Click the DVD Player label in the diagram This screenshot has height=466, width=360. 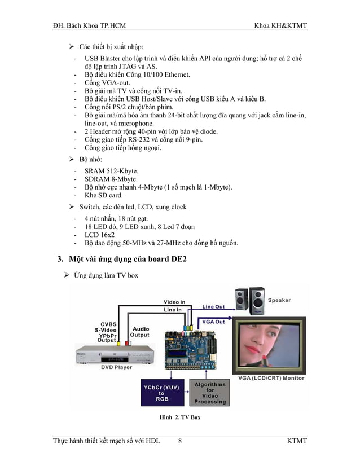pos(117,367)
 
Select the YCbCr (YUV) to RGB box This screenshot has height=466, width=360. pos(161,394)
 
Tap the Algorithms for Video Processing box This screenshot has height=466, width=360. pos(210,393)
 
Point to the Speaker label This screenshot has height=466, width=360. pos(280,300)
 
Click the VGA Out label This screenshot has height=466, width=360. pos(213,322)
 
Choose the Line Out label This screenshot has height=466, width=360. pos(213,306)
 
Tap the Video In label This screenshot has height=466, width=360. pos(174,302)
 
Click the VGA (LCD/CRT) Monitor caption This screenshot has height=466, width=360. pos(271,378)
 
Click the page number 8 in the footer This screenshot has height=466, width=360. pos(179,441)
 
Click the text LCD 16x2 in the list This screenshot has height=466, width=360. pos(99,235)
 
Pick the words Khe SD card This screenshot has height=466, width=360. pos(103,195)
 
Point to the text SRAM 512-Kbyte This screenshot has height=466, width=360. pos(111,170)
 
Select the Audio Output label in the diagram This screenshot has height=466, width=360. pos(140,332)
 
